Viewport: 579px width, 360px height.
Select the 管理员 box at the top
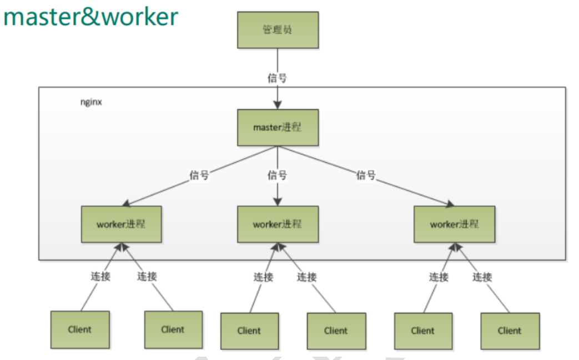pyautogui.click(x=278, y=29)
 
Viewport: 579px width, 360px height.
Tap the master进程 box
pyautogui.click(x=278, y=127)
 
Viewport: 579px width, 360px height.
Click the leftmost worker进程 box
pyautogui.click(x=121, y=224)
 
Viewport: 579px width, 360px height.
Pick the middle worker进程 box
pyautogui.click(x=278, y=224)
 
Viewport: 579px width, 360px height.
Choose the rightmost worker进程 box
pyautogui.click(x=455, y=224)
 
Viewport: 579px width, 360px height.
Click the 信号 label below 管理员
pyautogui.click(x=277, y=78)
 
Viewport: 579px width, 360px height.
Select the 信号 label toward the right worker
pyautogui.click(x=366, y=176)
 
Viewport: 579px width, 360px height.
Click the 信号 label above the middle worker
pyautogui.click(x=277, y=176)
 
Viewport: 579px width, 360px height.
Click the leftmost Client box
pyautogui.click(x=80, y=329)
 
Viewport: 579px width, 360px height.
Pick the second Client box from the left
pyautogui.click(x=173, y=329)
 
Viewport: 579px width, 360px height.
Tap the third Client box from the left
pyautogui.click(x=249, y=331)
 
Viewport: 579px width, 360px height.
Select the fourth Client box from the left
pyautogui.click(x=336, y=331)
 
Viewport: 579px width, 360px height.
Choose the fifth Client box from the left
pyautogui.click(x=423, y=331)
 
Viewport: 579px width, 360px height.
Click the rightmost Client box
pyautogui.click(x=510, y=331)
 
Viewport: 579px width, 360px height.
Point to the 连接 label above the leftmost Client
pyautogui.click(x=100, y=276)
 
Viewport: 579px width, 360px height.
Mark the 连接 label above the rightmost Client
pyautogui.click(x=482, y=276)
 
